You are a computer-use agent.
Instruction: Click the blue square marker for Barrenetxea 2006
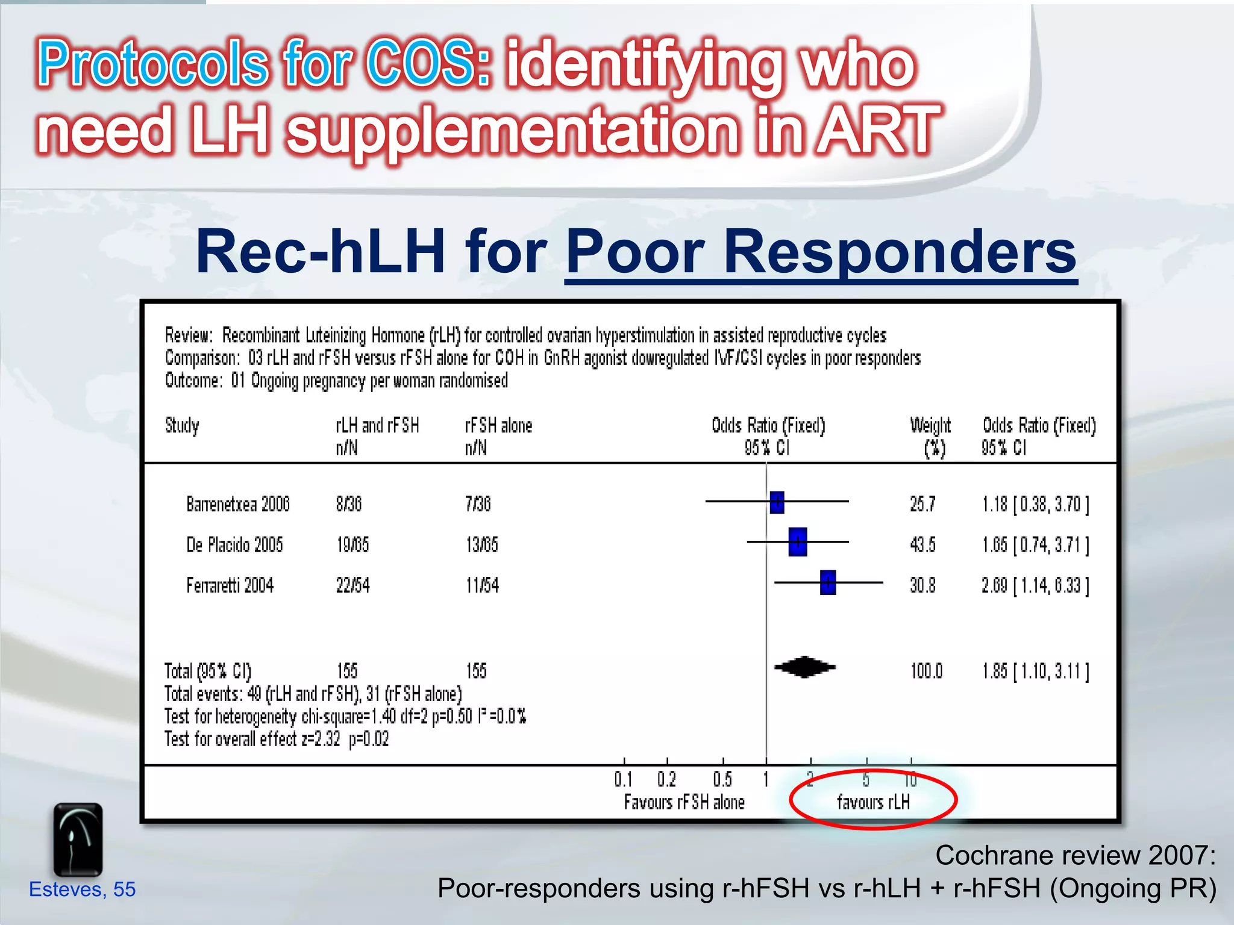click(777, 502)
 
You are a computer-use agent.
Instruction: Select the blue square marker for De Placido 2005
click(797, 542)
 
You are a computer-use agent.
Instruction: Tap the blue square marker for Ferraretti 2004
click(828, 582)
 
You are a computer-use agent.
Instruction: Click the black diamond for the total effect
click(805, 667)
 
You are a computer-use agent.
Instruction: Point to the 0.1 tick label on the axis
click(623, 780)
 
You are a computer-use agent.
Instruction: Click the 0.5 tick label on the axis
click(722, 780)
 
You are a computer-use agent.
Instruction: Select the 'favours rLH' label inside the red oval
click(873, 802)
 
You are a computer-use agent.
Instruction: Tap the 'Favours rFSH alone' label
click(684, 802)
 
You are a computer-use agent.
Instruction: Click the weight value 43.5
click(922, 545)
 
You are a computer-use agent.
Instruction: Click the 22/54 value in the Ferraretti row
click(352, 585)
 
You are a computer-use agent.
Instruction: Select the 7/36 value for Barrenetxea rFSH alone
click(478, 504)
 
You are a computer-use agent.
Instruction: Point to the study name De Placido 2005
click(234, 545)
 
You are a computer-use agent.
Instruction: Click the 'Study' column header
click(182, 426)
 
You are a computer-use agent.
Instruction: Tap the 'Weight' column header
click(930, 426)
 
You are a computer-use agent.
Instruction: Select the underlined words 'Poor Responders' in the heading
click(821, 252)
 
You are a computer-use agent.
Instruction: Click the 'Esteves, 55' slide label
click(83, 889)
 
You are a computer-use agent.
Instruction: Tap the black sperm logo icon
click(78, 839)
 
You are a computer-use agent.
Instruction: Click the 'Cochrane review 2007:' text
click(1075, 855)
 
